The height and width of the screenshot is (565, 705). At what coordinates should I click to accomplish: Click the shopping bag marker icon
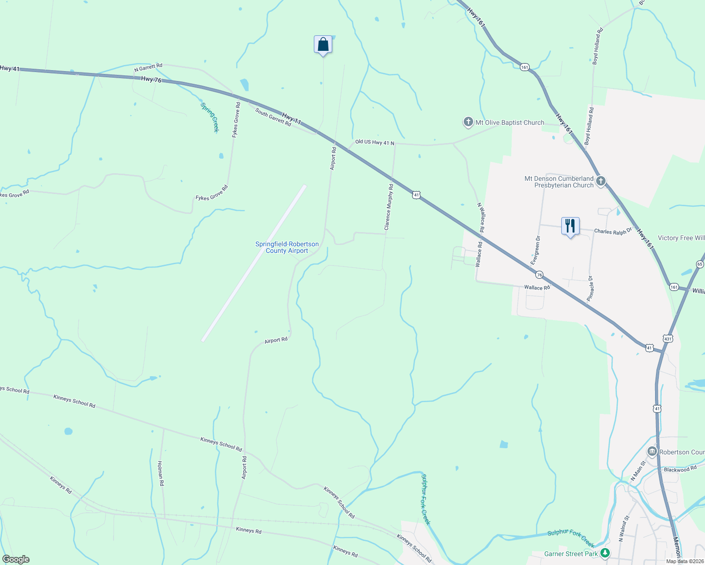click(x=323, y=45)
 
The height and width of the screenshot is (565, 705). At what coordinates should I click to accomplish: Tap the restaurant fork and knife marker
click(x=570, y=226)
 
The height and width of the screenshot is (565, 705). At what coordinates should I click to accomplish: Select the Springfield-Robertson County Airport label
click(x=287, y=247)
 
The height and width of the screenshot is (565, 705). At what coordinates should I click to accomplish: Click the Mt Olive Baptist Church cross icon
click(x=468, y=122)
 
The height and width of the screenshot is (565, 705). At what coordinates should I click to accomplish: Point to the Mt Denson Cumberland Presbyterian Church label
click(x=559, y=182)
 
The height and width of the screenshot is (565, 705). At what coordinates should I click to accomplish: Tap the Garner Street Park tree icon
click(x=605, y=553)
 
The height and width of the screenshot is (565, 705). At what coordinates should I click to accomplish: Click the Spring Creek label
click(x=210, y=118)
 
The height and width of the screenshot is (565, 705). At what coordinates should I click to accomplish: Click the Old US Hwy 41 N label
click(x=375, y=142)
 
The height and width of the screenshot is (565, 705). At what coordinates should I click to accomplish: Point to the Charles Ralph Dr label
click(x=613, y=231)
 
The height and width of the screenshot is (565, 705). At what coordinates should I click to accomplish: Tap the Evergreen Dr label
click(x=535, y=250)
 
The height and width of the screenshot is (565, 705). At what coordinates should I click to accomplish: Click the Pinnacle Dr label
click(x=590, y=288)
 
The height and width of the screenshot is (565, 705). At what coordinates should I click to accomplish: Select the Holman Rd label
click(x=161, y=473)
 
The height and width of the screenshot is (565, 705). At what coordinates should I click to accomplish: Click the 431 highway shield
click(x=667, y=339)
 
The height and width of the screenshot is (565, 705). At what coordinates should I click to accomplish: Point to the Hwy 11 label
click(x=292, y=118)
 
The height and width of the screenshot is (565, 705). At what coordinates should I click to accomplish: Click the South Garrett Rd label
click(x=273, y=117)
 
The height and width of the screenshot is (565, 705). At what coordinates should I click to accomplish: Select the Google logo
click(x=16, y=559)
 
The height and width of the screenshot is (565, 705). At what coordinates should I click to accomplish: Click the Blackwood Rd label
click(x=680, y=469)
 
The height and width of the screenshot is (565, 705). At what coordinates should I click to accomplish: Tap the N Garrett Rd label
click(x=148, y=68)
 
